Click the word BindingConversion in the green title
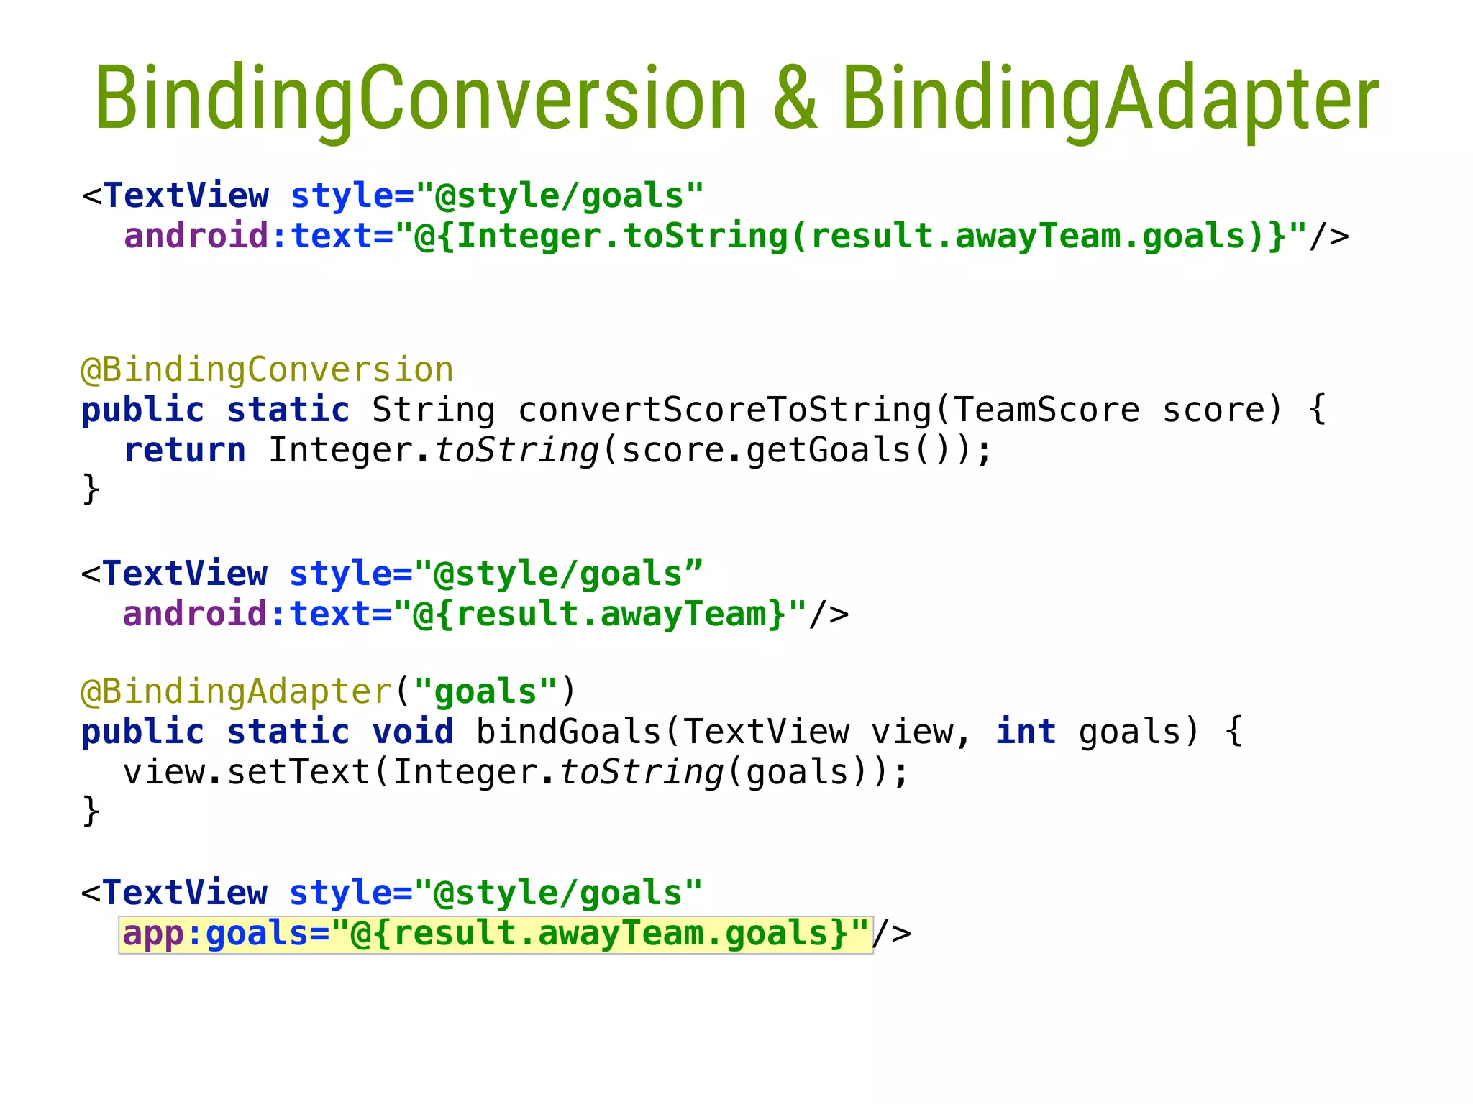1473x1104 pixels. tap(421, 98)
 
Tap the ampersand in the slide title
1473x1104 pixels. tap(795, 98)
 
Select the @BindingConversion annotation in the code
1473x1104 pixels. tap(267, 370)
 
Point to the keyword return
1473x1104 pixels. tap(185, 451)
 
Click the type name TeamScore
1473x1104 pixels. tap(1046, 410)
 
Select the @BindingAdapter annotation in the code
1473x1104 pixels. tap(237, 692)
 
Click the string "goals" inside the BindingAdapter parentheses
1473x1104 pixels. tap(486, 692)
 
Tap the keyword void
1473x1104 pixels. tap(413, 732)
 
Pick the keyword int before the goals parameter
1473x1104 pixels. tap(1026, 732)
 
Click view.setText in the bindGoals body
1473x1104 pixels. tap(247, 773)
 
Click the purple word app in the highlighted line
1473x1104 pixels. tap(153, 934)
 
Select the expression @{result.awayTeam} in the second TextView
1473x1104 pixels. tap(601, 615)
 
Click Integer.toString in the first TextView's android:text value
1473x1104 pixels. tap(622, 236)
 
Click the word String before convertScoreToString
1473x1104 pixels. tap(433, 410)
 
